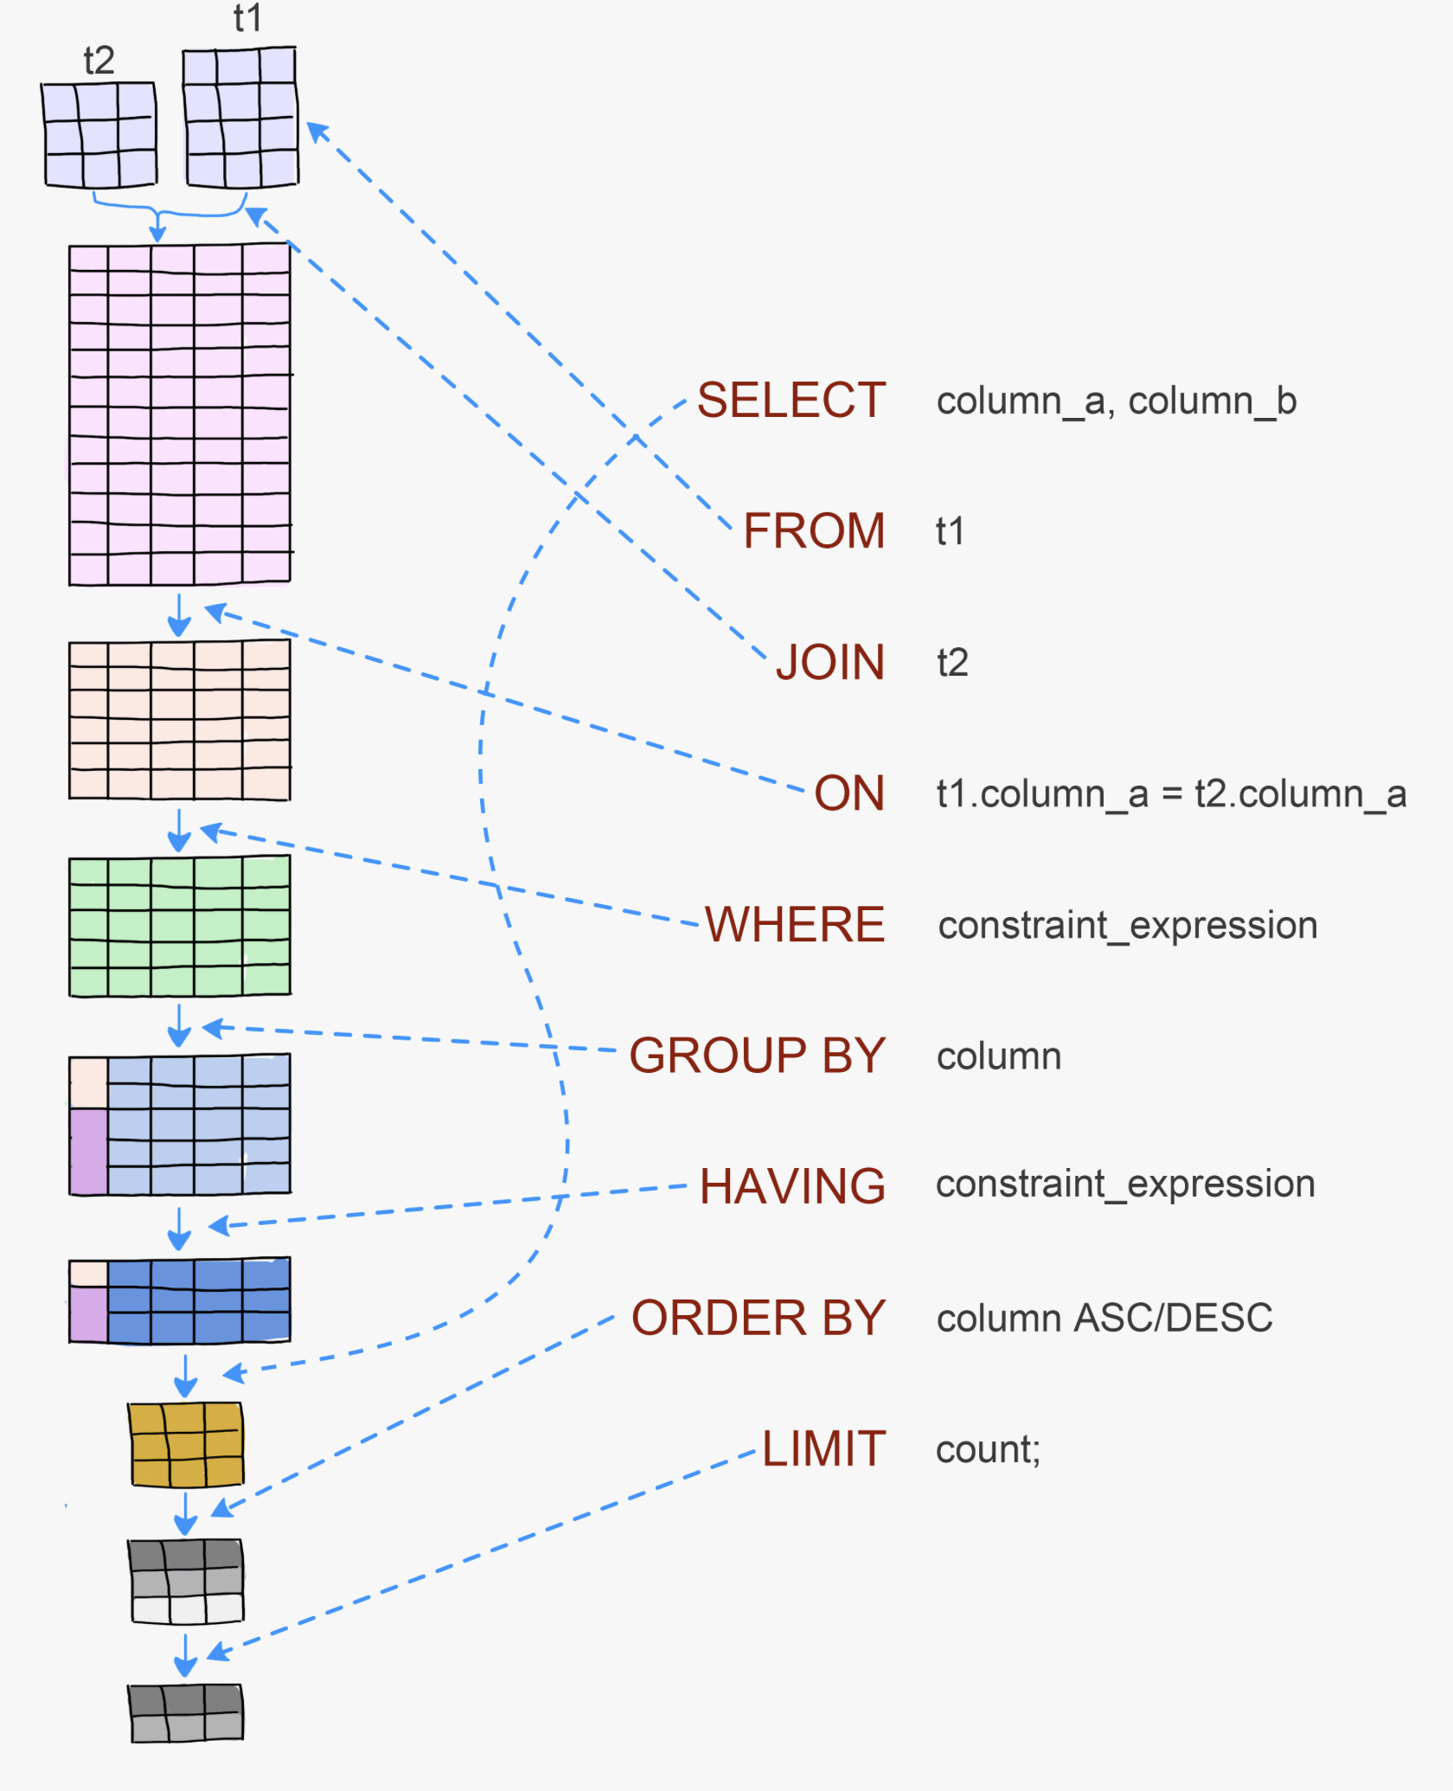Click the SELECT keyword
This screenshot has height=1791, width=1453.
tap(791, 401)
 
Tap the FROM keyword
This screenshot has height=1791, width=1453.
tap(814, 530)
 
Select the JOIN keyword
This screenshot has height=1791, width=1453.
tap(829, 662)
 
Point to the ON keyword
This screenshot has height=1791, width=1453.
tap(848, 793)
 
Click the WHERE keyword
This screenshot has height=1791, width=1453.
tap(794, 924)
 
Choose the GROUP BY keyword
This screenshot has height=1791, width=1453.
tap(757, 1056)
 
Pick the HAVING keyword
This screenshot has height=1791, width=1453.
tap(792, 1185)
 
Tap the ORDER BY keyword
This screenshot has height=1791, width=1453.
tap(758, 1318)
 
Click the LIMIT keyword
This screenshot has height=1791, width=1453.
tap(823, 1448)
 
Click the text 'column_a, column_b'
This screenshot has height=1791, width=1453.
tap(1117, 401)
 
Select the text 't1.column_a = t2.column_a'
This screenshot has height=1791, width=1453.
tap(1171, 794)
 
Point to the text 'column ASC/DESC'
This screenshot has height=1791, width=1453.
tap(1104, 1319)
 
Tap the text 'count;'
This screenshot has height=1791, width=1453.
tap(988, 1450)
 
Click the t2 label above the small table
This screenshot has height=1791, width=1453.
tap(99, 61)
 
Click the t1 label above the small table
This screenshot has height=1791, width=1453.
tap(247, 18)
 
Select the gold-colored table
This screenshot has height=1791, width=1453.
tap(186, 1444)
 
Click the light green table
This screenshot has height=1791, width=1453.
tap(180, 926)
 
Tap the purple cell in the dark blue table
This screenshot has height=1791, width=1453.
tap(88, 1313)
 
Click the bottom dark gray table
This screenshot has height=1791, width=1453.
tap(186, 1712)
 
